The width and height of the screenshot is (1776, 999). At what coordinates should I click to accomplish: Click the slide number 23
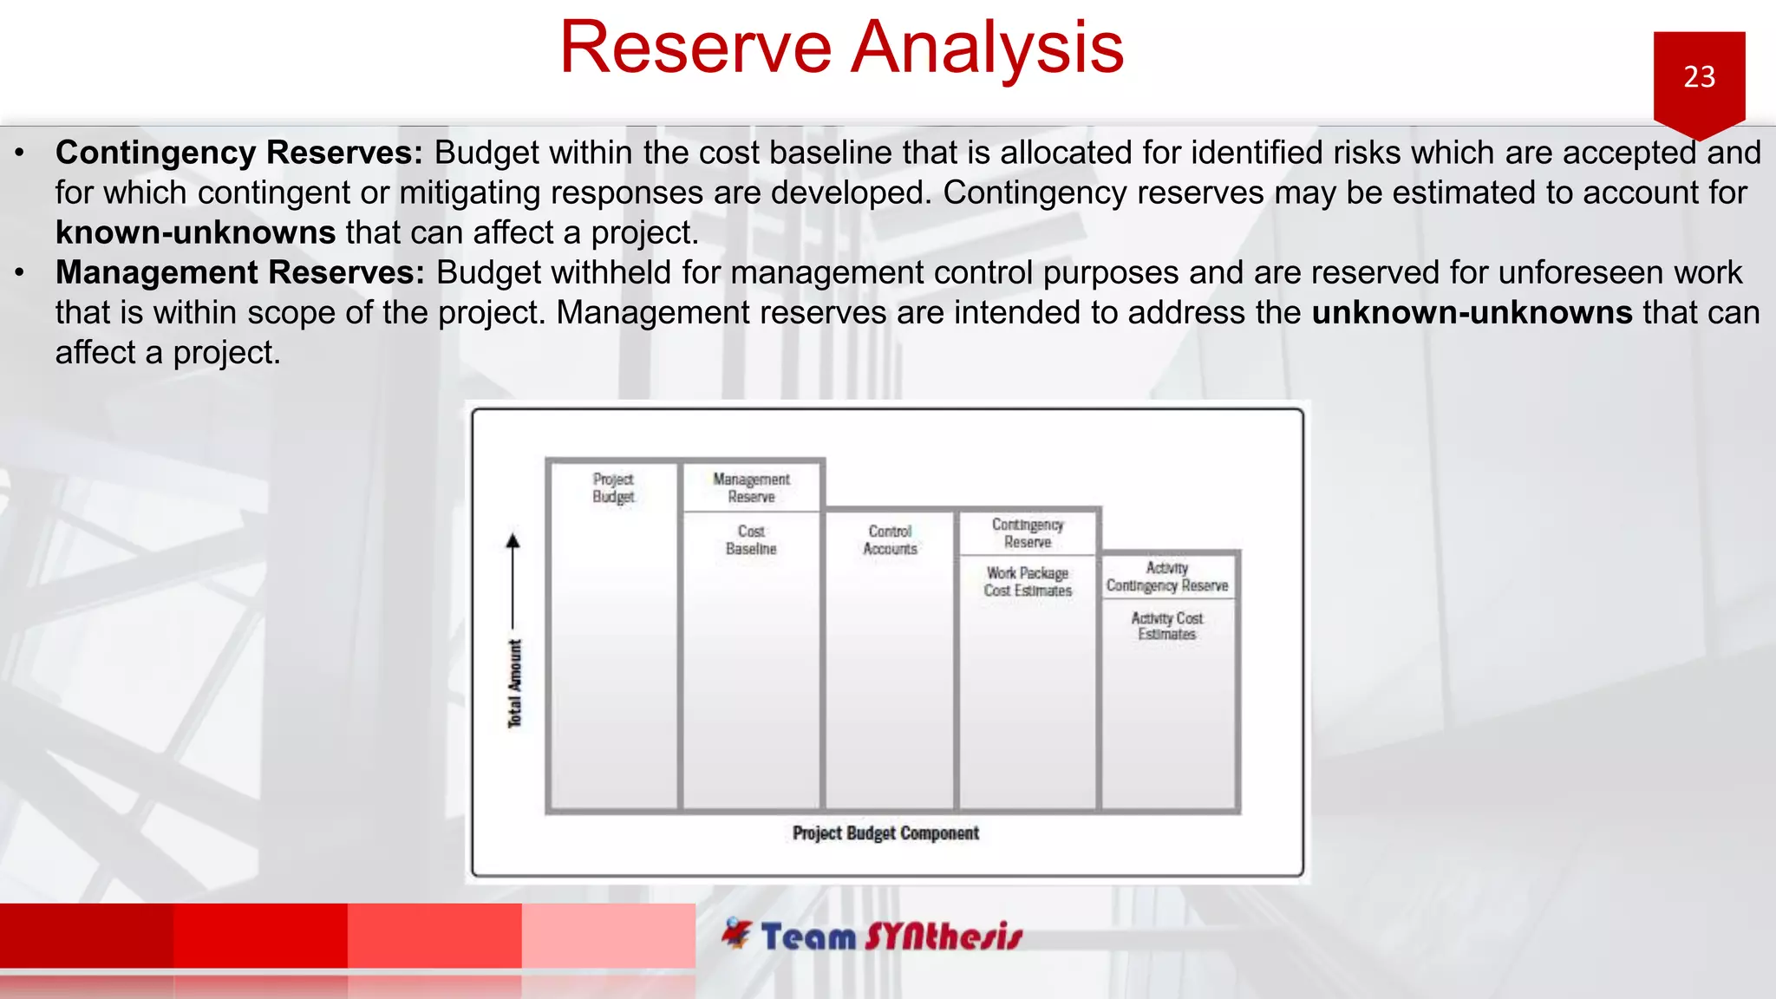click(x=1699, y=76)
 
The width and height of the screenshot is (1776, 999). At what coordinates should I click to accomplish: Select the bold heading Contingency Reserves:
click(x=238, y=153)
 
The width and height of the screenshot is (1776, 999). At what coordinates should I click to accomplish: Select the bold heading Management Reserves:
click(x=239, y=272)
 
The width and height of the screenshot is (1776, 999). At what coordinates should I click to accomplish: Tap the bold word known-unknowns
click(x=195, y=232)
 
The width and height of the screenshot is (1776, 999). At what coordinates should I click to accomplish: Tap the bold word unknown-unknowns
click(x=1472, y=312)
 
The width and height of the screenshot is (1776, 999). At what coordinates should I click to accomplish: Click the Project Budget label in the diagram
click(x=613, y=488)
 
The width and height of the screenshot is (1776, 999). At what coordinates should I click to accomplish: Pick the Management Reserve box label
click(x=751, y=488)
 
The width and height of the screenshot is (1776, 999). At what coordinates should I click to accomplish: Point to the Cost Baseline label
click(x=751, y=539)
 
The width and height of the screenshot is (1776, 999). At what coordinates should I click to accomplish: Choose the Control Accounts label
click(x=890, y=539)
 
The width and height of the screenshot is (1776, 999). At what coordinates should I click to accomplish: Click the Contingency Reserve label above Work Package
click(x=1028, y=533)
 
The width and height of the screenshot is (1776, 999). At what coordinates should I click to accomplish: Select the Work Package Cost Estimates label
click(x=1028, y=582)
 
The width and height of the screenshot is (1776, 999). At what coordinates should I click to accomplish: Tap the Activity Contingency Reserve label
click(x=1167, y=577)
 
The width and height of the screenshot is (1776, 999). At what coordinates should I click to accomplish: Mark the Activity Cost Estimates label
click(x=1167, y=626)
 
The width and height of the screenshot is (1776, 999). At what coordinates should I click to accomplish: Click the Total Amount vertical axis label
click(x=515, y=683)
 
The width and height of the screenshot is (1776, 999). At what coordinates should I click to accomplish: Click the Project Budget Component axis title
click(x=885, y=833)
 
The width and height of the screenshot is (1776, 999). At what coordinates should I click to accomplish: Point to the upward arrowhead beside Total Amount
click(x=513, y=541)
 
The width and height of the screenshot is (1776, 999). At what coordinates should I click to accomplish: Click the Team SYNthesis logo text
click(x=891, y=937)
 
